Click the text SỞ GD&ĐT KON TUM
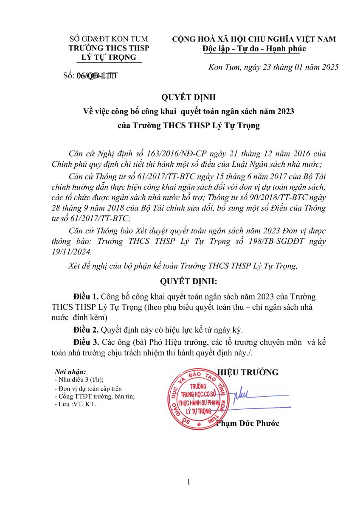pos(109,39)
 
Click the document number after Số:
pos(97,76)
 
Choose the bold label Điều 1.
pos(86,296)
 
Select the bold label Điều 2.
pos(86,329)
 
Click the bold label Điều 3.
pos(86,342)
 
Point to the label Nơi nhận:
pos(70,371)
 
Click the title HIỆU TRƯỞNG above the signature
pos(248,372)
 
